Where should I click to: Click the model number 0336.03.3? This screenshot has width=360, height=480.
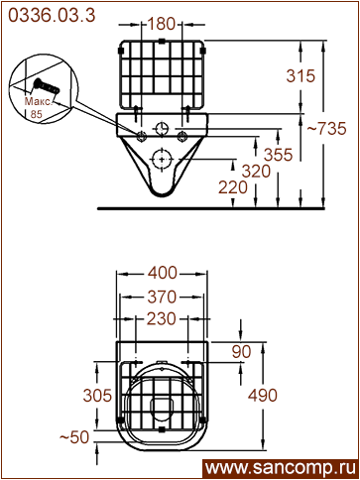tap(52, 15)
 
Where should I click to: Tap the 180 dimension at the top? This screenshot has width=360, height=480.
tap(161, 24)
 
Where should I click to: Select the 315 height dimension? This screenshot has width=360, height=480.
tap(300, 76)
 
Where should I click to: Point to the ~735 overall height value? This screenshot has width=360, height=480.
tap(326, 128)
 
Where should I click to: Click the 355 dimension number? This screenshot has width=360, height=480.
tap(279, 155)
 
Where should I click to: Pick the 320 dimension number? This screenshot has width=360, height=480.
tap(256, 172)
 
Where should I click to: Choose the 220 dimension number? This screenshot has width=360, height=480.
tap(233, 187)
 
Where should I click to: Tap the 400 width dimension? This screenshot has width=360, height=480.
tap(163, 273)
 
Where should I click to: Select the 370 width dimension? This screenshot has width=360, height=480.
tap(162, 297)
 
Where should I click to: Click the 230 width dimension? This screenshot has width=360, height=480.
tap(162, 319)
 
